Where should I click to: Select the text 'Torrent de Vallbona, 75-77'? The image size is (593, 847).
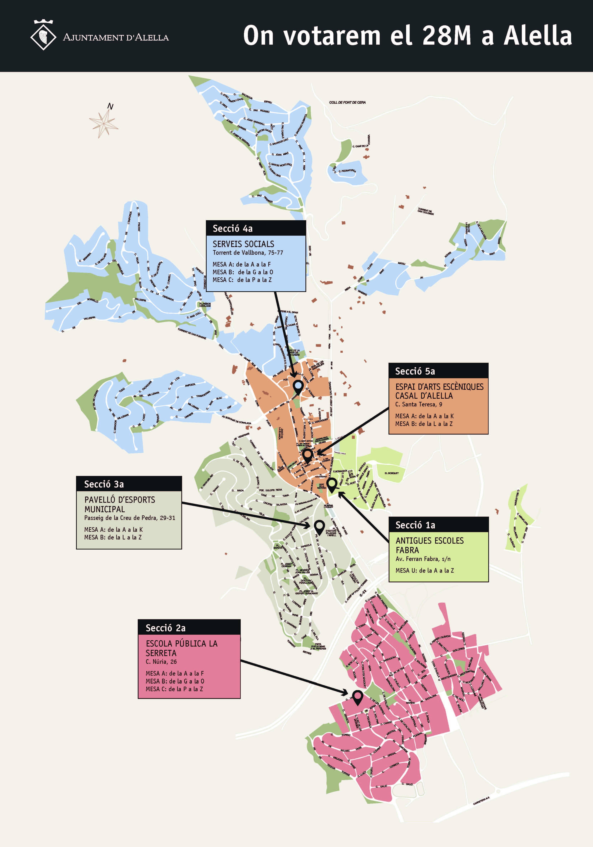pos(248,253)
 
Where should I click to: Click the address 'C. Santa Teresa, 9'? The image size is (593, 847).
pos(418,404)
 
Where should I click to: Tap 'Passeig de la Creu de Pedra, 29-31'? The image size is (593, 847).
pos(130,518)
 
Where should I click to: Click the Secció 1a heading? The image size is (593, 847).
pos(415,525)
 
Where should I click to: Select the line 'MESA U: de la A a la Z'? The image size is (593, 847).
pos(424,570)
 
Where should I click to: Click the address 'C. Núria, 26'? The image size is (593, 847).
pos(161,661)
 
